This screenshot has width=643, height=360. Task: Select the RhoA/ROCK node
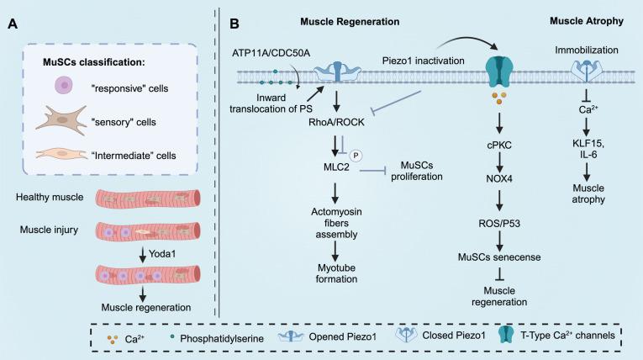[x=335, y=120]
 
